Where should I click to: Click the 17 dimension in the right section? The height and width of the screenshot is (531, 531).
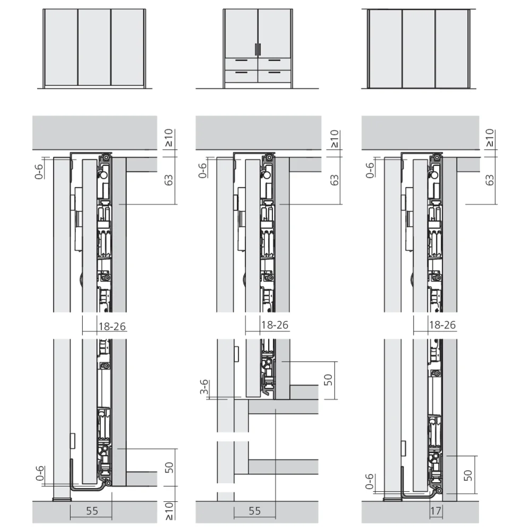pyautogui.click(x=436, y=511)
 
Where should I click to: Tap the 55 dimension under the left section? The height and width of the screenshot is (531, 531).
pyautogui.click(x=92, y=511)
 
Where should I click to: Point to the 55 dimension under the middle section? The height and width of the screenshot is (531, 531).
pyautogui.click(x=255, y=511)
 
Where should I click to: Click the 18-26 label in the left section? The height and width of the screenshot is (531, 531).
pyautogui.click(x=112, y=326)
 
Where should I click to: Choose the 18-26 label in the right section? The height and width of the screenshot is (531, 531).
pyautogui.click(x=441, y=325)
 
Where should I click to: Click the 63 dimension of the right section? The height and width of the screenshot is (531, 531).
pyautogui.click(x=490, y=179)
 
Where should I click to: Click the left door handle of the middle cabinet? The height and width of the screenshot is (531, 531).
pyautogui.click(x=255, y=49)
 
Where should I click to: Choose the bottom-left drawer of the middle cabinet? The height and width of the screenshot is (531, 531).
pyautogui.click(x=241, y=76)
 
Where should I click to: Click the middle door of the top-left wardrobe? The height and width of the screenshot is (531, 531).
pyautogui.click(x=94, y=47)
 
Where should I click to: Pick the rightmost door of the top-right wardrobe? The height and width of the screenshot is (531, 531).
pyautogui.click(x=451, y=48)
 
